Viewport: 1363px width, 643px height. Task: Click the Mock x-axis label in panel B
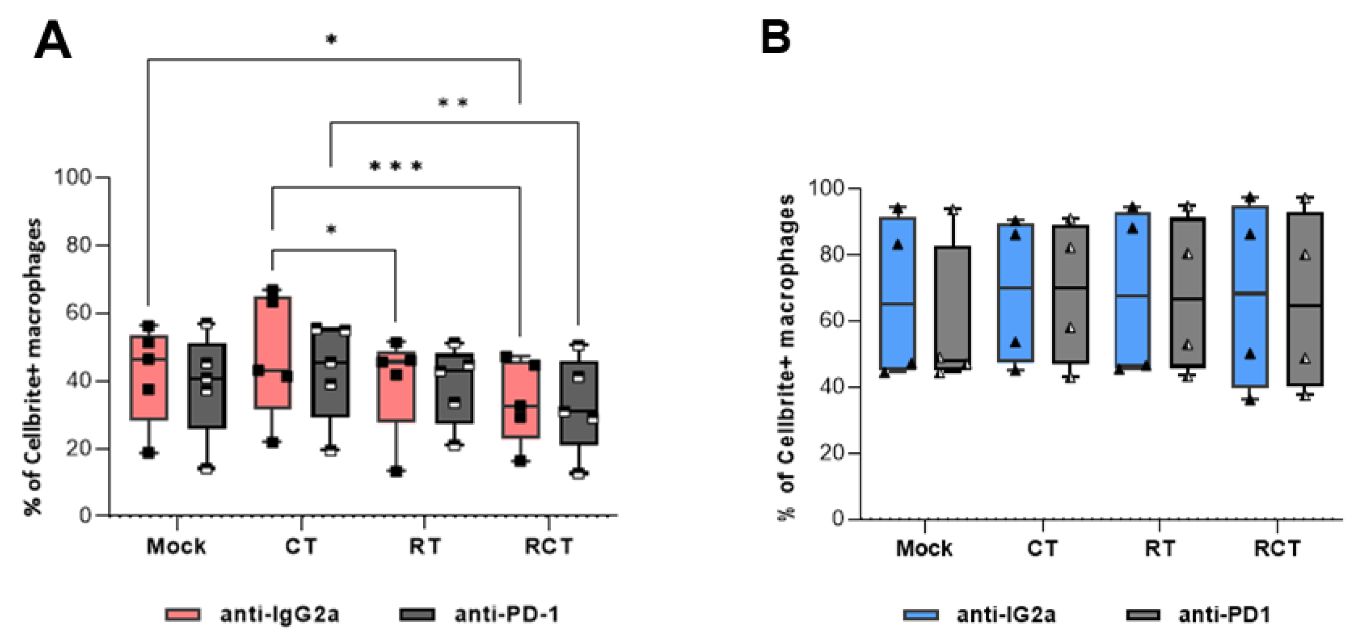click(x=924, y=548)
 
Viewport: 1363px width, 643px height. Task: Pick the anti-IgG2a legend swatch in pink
click(x=183, y=614)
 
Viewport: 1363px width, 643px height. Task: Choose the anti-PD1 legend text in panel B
click(x=1224, y=615)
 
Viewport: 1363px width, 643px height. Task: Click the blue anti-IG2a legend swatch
click(x=921, y=615)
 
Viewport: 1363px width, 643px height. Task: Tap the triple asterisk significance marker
click(x=396, y=167)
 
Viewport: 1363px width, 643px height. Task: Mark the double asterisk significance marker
click(x=453, y=103)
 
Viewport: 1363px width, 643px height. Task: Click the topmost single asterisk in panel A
click(x=331, y=40)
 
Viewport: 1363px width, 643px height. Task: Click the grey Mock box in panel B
click(x=953, y=307)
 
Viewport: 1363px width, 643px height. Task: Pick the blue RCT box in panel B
click(x=1250, y=296)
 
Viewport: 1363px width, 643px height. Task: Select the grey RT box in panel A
click(x=454, y=388)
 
